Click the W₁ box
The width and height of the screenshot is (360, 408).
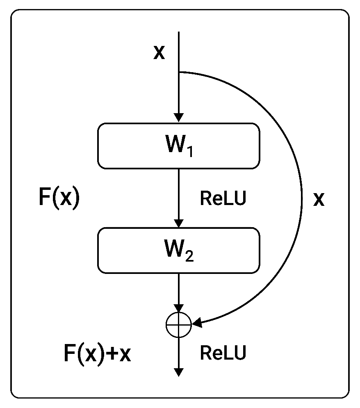[x=178, y=146]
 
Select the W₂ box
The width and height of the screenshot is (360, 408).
[x=178, y=251]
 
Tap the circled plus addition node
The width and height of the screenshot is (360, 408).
[x=178, y=325]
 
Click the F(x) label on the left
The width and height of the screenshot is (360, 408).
[x=59, y=199]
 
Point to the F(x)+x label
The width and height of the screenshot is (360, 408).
[x=97, y=353]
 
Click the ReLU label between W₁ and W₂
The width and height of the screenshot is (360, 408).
[x=223, y=199]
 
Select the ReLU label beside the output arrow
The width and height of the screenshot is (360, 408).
[x=223, y=353]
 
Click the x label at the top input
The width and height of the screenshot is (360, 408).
[x=159, y=53]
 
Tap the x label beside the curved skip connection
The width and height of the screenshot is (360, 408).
[x=319, y=199]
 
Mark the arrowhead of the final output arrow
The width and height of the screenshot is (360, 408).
[x=178, y=372]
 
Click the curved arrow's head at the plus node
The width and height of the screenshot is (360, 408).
[x=197, y=324]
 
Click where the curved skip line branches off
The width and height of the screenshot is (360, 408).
[x=179, y=72]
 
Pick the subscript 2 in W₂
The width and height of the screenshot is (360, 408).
[x=189, y=257]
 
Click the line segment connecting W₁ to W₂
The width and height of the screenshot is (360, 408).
[x=178, y=193]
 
